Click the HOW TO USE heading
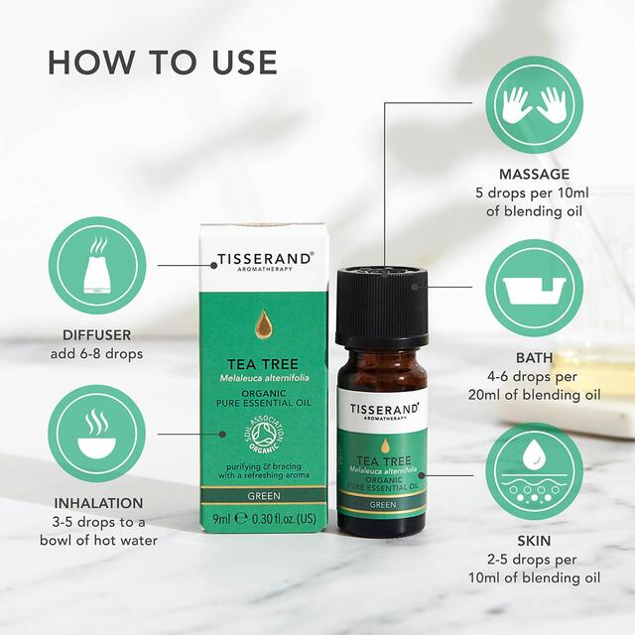pos(162,62)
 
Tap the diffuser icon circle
pos(97,267)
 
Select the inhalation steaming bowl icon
pos(97,435)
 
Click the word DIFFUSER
pos(97,336)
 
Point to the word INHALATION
pos(97,504)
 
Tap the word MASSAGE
pos(535,175)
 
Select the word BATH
pos(534,357)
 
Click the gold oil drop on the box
pos(264,323)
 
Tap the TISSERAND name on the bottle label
pos(382,410)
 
